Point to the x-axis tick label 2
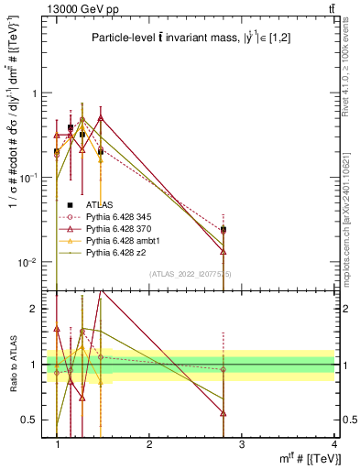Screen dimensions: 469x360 pos(149,444)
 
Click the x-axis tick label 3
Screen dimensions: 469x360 pos(241,444)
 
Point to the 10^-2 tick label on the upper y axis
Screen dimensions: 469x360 pos(32,262)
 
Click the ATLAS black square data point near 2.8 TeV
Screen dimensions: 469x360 pos(223,229)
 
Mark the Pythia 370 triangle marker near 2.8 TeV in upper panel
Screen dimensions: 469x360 pos(223,251)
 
